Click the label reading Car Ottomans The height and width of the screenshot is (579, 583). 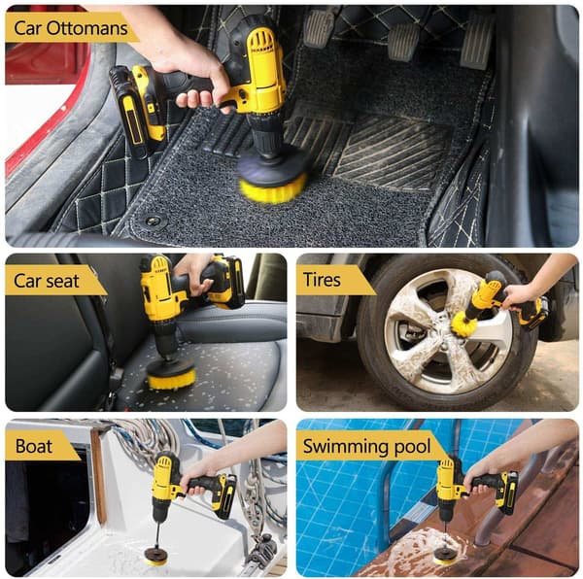point(71,28)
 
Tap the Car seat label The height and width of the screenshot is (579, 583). point(47,281)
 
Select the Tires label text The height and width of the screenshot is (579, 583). point(322,280)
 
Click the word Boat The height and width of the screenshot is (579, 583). point(34,446)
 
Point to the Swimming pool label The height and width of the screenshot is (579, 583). point(366,446)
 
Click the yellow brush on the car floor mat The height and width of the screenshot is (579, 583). point(273,189)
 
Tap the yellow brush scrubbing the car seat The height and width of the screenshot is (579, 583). point(171,380)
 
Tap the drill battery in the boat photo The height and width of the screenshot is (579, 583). point(224,495)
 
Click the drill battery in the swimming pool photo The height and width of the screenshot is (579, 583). point(507,493)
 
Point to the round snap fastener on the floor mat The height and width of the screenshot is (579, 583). point(153,221)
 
